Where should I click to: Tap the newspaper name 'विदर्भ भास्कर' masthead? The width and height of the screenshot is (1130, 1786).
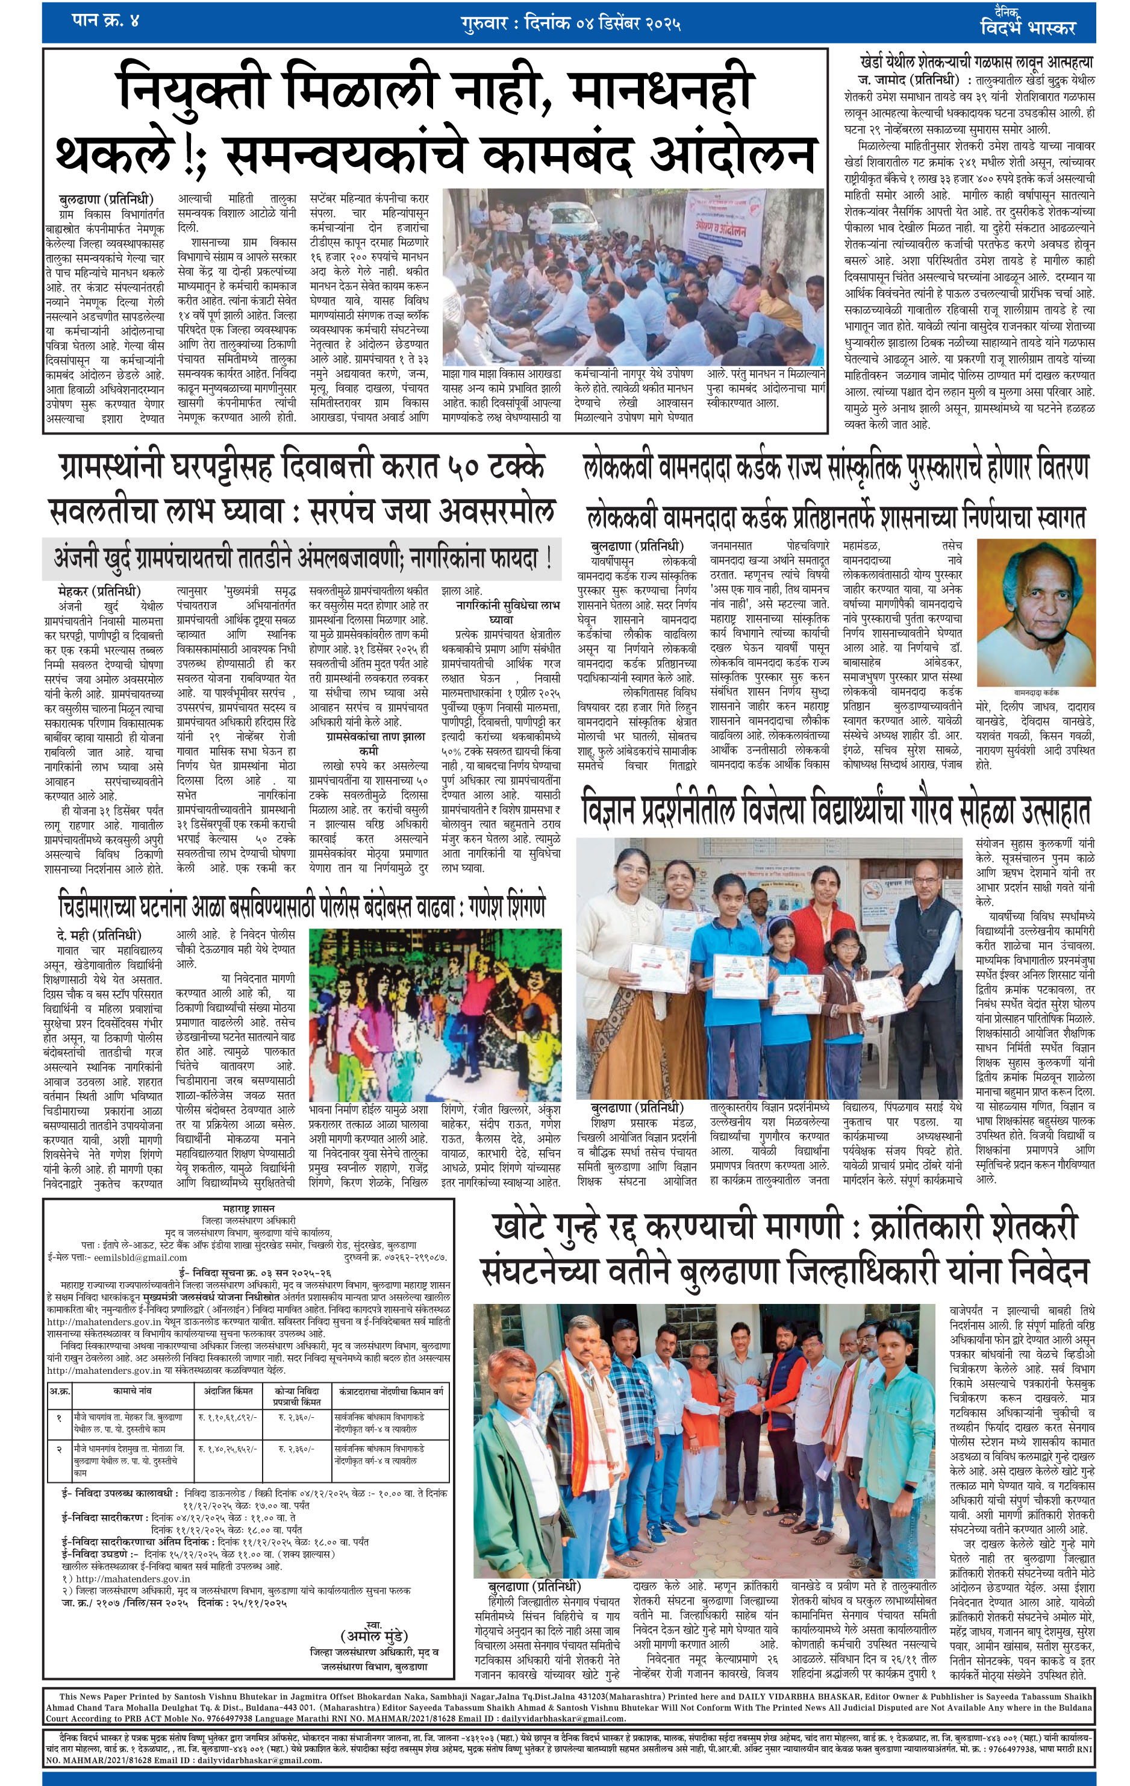1026,28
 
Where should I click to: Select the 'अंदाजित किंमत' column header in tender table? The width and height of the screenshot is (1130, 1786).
228,1391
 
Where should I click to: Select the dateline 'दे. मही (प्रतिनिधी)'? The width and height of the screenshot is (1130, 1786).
98,935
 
